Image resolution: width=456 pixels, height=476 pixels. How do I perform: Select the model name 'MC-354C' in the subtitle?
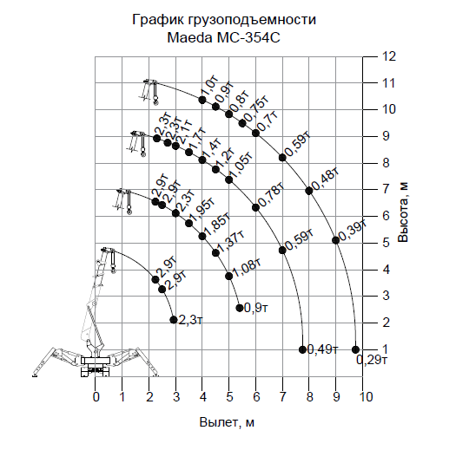pyautogui.click(x=248, y=38)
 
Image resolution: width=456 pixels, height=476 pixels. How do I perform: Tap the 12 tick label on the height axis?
pyautogui.click(x=388, y=56)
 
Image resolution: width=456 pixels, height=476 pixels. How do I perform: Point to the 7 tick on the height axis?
pyautogui.click(x=386, y=189)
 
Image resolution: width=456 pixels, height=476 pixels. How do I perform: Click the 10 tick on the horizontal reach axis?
pyautogui.click(x=366, y=397)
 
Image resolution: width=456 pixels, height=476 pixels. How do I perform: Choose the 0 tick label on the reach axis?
pyautogui.click(x=96, y=397)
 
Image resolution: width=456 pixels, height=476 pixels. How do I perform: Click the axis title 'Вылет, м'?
pyautogui.click(x=227, y=422)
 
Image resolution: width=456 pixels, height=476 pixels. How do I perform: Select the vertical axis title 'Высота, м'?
pyautogui.click(x=403, y=212)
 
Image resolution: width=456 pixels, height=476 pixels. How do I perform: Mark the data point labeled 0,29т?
pyautogui.click(x=355, y=349)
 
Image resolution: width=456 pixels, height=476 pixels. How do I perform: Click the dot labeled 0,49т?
pyautogui.click(x=302, y=349)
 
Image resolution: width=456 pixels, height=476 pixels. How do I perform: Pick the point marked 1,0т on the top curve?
pyautogui.click(x=202, y=100)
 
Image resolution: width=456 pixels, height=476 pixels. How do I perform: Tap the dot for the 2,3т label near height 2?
pyautogui.click(x=174, y=320)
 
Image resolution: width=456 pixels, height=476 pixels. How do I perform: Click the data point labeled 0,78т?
pyautogui.click(x=255, y=207)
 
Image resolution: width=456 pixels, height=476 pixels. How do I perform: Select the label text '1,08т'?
pyautogui.click(x=247, y=268)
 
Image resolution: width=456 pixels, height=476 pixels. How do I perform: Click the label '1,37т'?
pyautogui.click(x=230, y=243)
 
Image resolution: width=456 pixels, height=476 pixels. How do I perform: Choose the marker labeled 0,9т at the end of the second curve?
pyautogui.click(x=240, y=308)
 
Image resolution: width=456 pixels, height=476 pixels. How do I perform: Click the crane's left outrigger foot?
pyautogui.click(x=35, y=375)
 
